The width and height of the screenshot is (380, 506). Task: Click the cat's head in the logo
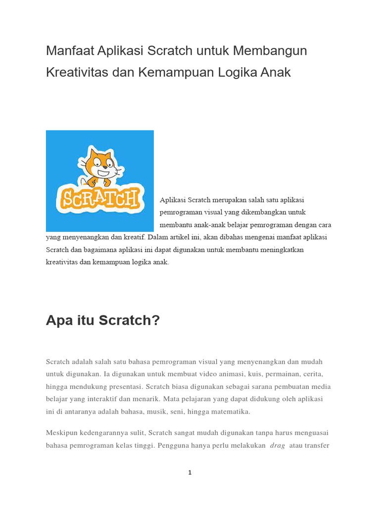pos(98,162)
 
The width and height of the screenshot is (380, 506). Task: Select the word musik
pos(156,411)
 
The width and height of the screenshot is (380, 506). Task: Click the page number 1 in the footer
pos(190,473)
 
